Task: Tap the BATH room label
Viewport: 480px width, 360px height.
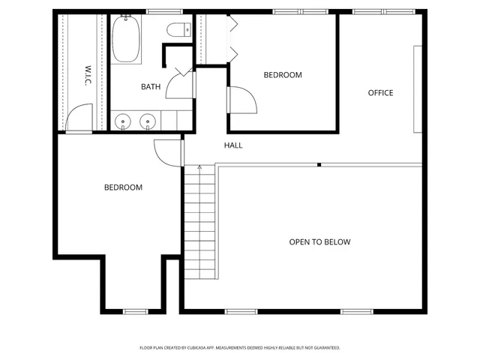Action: [x=151, y=87]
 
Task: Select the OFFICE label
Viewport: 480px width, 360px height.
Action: [x=380, y=93]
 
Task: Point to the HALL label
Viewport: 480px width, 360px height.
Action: [x=233, y=145]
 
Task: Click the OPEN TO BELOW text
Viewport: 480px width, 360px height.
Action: [x=319, y=242]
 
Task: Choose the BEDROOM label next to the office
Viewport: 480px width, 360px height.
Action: [x=283, y=75]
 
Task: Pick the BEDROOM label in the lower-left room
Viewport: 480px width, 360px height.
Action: [x=123, y=187]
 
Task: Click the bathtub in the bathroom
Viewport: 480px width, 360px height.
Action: [x=126, y=40]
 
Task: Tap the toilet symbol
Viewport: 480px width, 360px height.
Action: [x=178, y=31]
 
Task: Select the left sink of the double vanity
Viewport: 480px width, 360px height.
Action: [x=124, y=120]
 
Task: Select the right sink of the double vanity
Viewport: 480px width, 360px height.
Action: [x=148, y=120]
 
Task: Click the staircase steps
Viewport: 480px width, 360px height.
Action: [x=199, y=225]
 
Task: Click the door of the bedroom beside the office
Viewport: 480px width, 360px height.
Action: [x=241, y=100]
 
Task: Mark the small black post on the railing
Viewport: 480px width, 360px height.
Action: [x=319, y=164]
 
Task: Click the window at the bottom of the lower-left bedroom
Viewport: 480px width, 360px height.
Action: [x=135, y=310]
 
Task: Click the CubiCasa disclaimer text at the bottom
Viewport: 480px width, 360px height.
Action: [x=240, y=348]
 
